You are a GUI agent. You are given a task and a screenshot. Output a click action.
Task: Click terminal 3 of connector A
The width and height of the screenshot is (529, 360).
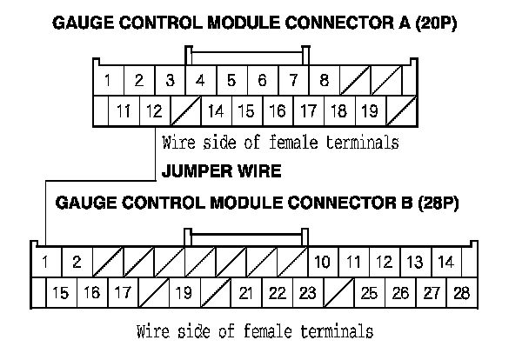(x=170, y=82)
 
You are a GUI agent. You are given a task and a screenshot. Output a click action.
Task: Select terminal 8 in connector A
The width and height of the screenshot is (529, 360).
(x=324, y=82)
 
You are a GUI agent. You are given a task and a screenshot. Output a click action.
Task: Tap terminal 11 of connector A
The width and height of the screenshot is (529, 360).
(x=124, y=111)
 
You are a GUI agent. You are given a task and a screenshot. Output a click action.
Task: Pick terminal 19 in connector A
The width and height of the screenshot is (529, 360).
(x=369, y=111)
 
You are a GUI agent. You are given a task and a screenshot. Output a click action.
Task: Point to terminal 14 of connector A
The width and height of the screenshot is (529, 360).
(x=216, y=111)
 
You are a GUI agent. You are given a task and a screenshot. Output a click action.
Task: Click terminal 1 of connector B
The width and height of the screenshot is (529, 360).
(x=44, y=261)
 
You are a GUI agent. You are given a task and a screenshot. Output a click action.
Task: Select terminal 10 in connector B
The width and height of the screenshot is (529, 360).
(x=322, y=261)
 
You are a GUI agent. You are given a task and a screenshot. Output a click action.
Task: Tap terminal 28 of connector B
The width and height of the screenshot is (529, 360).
(x=461, y=293)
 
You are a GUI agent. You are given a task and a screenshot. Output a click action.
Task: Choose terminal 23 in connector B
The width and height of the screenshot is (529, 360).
(x=306, y=293)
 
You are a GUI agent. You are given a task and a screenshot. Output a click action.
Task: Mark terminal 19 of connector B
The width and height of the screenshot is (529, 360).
(x=183, y=293)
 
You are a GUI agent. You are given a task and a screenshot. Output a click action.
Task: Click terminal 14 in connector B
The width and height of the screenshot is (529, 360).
(x=445, y=261)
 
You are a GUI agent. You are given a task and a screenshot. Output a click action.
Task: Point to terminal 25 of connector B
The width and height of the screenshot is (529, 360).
(x=369, y=293)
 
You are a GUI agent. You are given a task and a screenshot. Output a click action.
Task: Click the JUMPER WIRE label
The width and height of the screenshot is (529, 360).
(x=222, y=171)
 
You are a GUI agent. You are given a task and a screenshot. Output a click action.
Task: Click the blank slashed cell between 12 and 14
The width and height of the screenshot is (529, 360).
(x=184, y=111)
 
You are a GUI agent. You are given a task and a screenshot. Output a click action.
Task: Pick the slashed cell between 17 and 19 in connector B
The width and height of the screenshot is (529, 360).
(x=152, y=293)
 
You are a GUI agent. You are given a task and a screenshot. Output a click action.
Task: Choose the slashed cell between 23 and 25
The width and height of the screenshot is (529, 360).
(x=338, y=293)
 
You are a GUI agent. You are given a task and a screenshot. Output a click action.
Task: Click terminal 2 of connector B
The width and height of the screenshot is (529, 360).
(x=77, y=261)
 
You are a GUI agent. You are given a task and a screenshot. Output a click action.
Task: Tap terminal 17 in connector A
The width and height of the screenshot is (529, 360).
(x=308, y=111)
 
